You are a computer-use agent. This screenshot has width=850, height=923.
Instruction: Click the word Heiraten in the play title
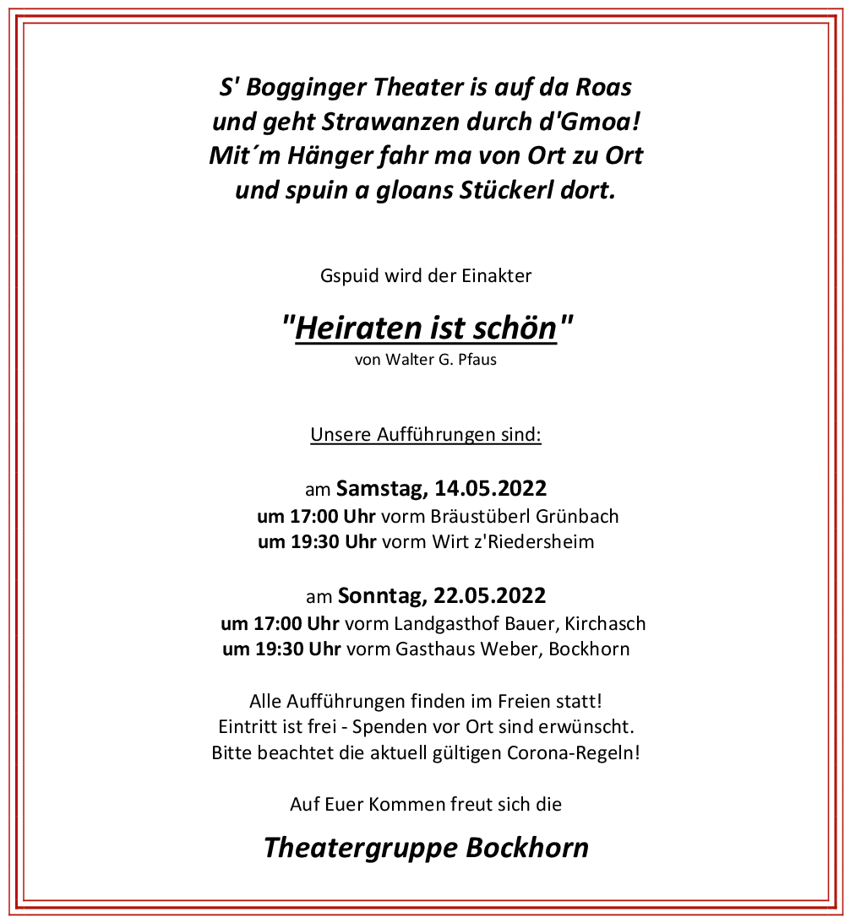[x=355, y=328]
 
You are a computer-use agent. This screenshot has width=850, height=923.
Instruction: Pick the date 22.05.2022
[x=490, y=596]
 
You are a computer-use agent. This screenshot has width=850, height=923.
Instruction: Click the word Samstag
[x=382, y=488]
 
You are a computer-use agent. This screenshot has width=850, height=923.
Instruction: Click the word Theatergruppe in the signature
[x=361, y=847]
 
